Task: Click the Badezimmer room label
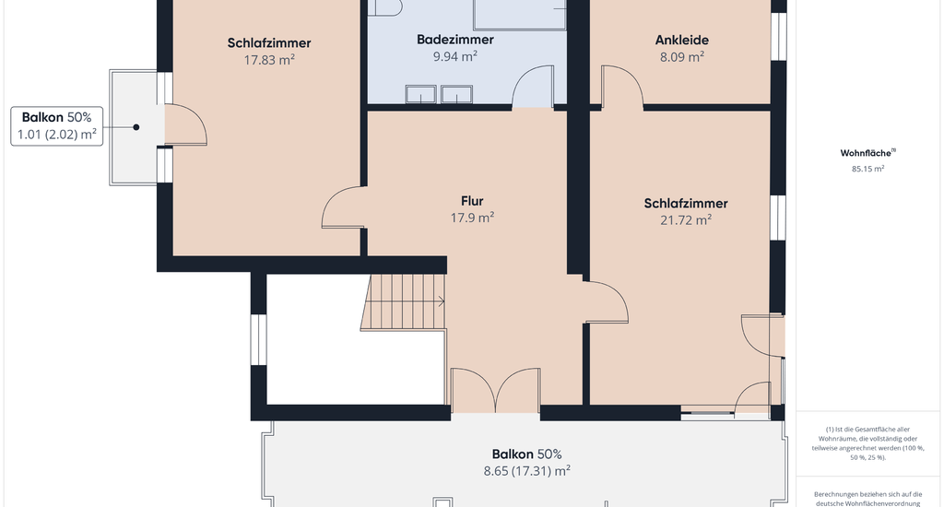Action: pyautogui.click(x=455, y=40)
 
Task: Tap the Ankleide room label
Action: pyautogui.click(x=681, y=41)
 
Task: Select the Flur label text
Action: pyautogui.click(x=472, y=201)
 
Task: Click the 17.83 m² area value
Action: pyautogui.click(x=269, y=60)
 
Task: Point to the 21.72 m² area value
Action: pyautogui.click(x=686, y=219)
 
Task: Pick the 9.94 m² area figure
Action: pyautogui.click(x=455, y=56)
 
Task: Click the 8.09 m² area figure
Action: pyautogui.click(x=682, y=56)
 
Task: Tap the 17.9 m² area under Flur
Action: pyautogui.click(x=473, y=218)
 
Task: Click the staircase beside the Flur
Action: pyautogui.click(x=404, y=301)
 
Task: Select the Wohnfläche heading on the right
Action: pyautogui.click(x=867, y=153)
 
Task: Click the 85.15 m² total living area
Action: pyautogui.click(x=867, y=169)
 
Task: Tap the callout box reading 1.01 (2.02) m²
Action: pyautogui.click(x=56, y=126)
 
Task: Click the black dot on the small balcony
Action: pyautogui.click(x=136, y=127)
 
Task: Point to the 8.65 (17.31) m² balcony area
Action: pyautogui.click(x=526, y=471)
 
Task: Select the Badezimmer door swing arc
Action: pyautogui.click(x=532, y=87)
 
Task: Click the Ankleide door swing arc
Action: pyautogui.click(x=622, y=87)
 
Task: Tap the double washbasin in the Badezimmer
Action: pyautogui.click(x=439, y=95)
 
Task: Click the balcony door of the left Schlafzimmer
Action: pyautogui.click(x=185, y=124)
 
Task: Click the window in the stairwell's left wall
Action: pyautogui.click(x=258, y=339)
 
